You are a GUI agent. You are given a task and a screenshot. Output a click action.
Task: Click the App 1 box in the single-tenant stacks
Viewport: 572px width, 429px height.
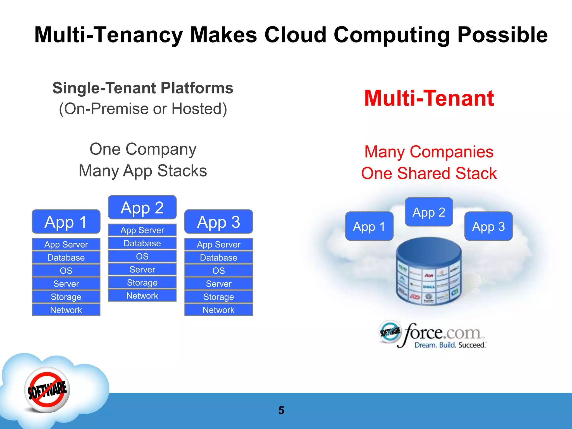[x=66, y=222]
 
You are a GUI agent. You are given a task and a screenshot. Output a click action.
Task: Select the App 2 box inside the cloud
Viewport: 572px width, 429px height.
[x=429, y=212]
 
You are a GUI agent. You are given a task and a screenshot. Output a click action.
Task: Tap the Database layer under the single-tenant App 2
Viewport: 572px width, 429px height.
[x=142, y=243]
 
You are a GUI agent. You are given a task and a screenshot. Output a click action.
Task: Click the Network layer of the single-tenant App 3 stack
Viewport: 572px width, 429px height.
[x=218, y=310]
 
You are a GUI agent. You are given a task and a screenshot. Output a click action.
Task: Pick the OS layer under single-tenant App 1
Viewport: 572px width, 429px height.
[x=66, y=270]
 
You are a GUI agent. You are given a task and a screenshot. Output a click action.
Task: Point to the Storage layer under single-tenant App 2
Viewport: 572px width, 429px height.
[x=142, y=282]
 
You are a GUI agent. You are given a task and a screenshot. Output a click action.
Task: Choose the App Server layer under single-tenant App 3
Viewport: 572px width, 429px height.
[x=218, y=244]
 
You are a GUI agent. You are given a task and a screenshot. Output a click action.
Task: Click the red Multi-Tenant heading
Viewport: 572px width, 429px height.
[x=429, y=98]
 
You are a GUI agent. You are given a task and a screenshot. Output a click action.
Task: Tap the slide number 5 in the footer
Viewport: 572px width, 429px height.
[x=281, y=410]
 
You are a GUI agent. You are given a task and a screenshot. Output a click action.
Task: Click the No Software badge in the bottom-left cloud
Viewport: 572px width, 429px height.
[x=47, y=390]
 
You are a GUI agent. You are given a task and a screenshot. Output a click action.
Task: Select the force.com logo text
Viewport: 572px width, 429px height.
[x=443, y=332]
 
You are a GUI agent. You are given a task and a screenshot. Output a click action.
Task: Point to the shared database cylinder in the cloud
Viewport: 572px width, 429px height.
[x=429, y=271]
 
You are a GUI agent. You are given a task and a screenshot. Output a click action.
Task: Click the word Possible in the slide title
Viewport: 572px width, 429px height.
[x=502, y=35]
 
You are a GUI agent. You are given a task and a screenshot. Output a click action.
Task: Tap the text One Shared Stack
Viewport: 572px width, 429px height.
[x=429, y=173]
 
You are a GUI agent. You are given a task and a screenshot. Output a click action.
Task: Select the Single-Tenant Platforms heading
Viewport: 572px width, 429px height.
[x=143, y=88]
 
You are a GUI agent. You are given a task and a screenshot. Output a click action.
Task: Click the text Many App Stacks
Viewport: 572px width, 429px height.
[x=143, y=171]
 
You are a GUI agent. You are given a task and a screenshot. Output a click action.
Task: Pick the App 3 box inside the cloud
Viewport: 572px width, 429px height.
[x=488, y=226]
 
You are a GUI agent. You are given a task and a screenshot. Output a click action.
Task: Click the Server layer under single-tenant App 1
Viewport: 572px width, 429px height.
[x=66, y=283]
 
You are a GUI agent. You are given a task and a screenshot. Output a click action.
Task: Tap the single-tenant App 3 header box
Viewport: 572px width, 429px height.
[x=218, y=222]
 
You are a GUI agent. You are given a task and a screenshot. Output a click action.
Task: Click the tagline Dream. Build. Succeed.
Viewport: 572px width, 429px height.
[x=450, y=345]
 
